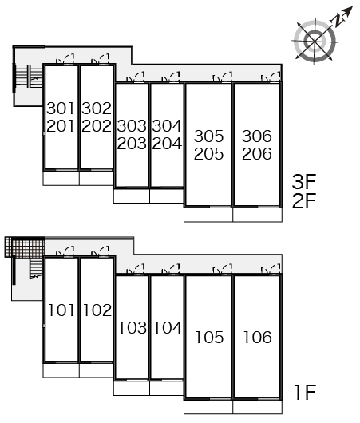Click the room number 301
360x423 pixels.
click(61, 109)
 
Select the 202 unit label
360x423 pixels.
click(97, 126)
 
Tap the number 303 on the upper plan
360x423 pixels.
click(132, 126)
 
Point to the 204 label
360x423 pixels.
click(167, 144)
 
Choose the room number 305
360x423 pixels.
click(209, 136)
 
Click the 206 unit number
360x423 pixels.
click(257, 154)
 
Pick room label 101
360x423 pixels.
click(61, 310)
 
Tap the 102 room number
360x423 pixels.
click(97, 310)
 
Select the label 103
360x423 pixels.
click(133, 328)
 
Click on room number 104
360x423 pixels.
click(168, 328)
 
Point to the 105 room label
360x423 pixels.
click(209, 338)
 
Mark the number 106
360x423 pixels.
click(258, 338)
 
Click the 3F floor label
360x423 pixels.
click(304, 182)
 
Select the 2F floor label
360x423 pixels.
click(304, 201)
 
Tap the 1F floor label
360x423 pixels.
click(305, 393)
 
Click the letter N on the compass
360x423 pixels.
click(337, 21)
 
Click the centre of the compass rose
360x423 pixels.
click(315, 42)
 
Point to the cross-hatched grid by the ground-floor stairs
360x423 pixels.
click(25, 247)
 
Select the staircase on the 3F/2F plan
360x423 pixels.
click(28, 77)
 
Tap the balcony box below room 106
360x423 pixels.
click(258, 407)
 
